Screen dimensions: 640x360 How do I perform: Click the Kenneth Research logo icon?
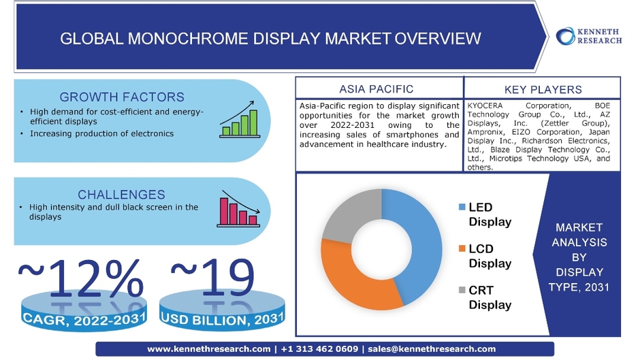coord(565,36)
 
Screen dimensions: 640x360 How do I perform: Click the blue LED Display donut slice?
coord(424,245)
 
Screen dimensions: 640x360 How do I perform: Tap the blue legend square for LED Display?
coord(462,207)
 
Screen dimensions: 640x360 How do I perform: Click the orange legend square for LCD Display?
coord(462,248)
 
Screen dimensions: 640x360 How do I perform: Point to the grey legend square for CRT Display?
coord(462,290)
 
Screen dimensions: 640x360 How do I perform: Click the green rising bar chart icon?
coord(240,119)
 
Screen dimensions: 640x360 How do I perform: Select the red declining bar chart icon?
coord(239,208)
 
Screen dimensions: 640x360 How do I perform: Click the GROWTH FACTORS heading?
coord(122,97)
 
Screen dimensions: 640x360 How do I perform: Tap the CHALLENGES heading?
coord(122,194)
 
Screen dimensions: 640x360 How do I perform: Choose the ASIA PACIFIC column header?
coord(377,89)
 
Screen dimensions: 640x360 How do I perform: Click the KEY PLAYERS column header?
coord(543,89)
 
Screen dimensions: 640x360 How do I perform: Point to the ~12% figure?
coord(81,278)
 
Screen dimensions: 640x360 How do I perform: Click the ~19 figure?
coord(212,278)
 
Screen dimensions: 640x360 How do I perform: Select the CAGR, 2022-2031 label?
coord(84,318)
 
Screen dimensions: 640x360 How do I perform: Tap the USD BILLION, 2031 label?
coord(223,318)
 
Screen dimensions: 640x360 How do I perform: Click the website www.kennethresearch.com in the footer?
coord(208,349)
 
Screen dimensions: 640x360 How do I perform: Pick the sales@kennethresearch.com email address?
coord(432,349)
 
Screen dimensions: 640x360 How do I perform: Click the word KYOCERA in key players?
coord(485,105)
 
